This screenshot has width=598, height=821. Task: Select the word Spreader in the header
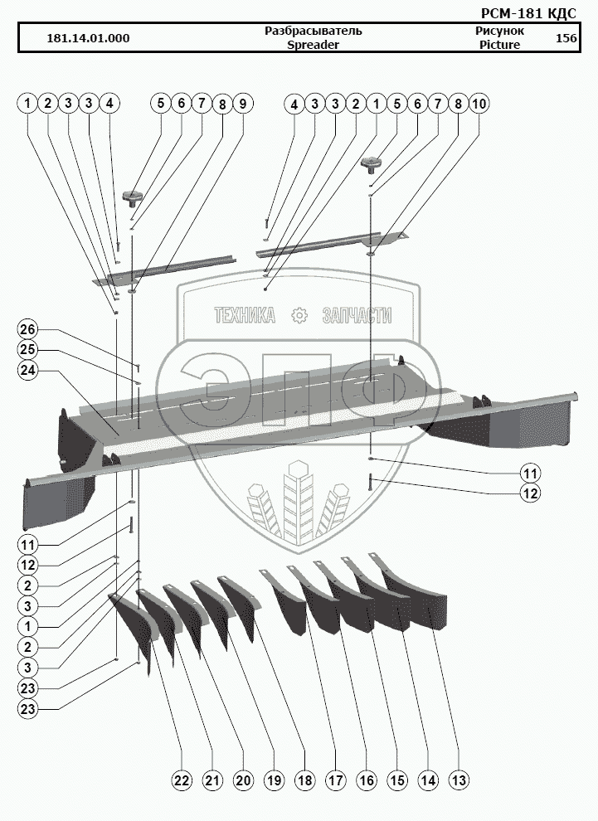click(313, 45)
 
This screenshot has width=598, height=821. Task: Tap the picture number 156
click(566, 38)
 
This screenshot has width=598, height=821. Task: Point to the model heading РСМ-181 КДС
click(529, 13)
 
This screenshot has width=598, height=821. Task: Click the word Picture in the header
click(499, 45)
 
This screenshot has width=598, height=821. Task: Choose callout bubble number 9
click(243, 104)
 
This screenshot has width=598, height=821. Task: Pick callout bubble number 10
click(479, 104)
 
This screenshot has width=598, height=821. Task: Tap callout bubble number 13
click(459, 780)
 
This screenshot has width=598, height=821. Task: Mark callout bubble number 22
click(182, 780)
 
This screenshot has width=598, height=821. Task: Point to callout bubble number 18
click(304, 780)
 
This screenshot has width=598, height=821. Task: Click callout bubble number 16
click(366, 780)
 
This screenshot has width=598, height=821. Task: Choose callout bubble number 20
click(243, 780)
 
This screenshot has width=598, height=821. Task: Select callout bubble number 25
click(27, 350)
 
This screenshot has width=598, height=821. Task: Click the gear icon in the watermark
click(299, 315)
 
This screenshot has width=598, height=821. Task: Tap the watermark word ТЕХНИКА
click(245, 315)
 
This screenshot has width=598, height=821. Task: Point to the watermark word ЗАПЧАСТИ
click(357, 315)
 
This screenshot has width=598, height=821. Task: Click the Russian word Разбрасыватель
click(313, 31)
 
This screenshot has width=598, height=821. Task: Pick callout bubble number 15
click(396, 780)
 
